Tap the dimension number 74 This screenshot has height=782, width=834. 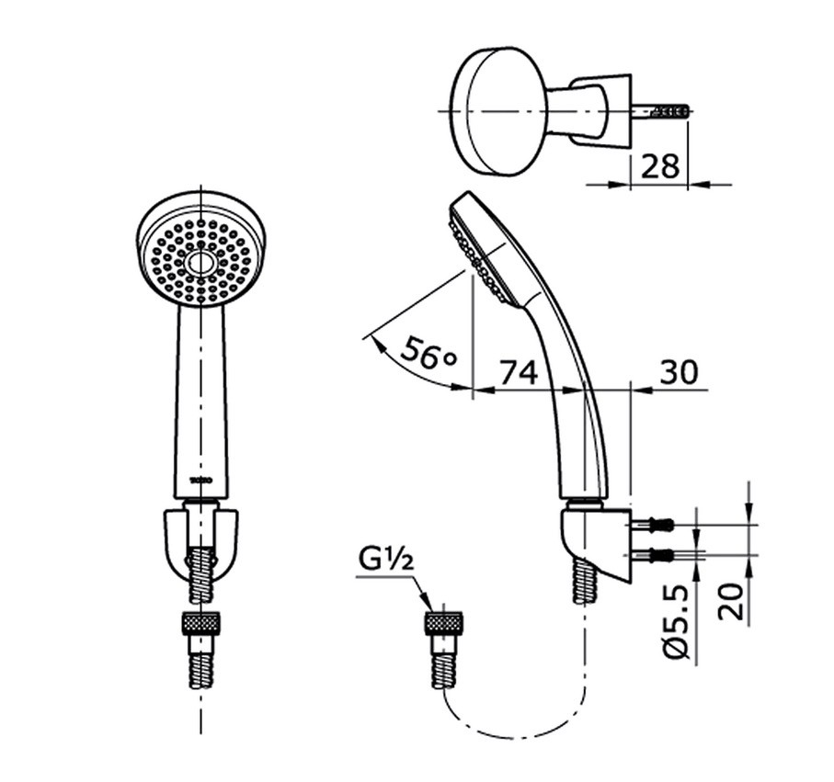click(518, 372)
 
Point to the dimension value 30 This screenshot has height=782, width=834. click(679, 372)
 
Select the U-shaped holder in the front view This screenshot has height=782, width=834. click(200, 538)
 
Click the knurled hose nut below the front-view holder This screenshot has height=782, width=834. click(200, 622)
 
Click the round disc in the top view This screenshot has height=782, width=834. click(497, 110)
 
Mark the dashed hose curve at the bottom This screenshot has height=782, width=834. click(515, 731)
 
